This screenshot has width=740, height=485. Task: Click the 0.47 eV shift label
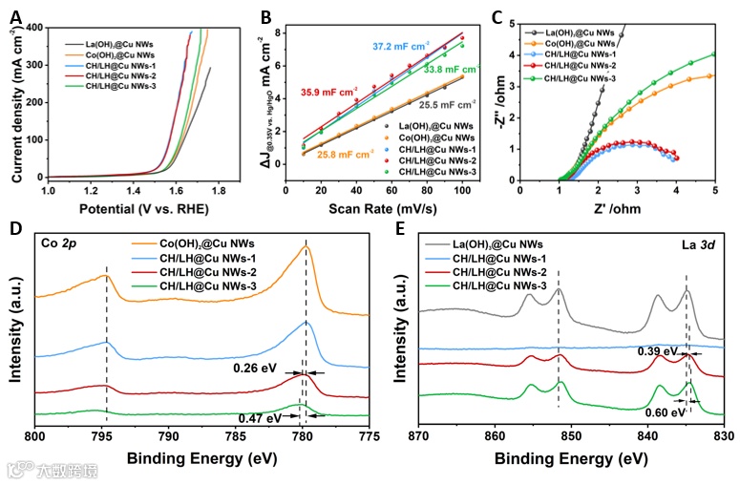260,417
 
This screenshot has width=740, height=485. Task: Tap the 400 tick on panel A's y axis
32,29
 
